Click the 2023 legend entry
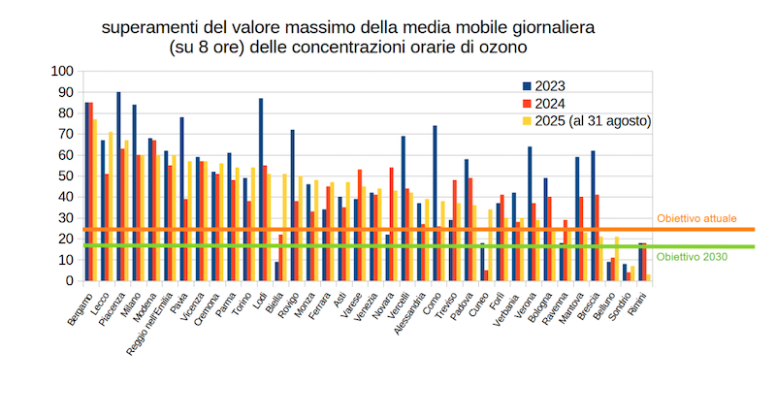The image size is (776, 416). click(548, 86)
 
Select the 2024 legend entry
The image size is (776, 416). click(548, 104)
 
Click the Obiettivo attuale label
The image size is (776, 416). click(695, 219)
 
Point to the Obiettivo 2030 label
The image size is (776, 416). click(690, 257)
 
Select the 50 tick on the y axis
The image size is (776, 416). click(65, 176)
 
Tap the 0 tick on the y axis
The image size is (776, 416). click(69, 281)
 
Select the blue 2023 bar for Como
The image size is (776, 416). click(435, 204)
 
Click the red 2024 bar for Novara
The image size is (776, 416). click(391, 224)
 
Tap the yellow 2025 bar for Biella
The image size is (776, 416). click(285, 228)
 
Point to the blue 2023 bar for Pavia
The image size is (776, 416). click(181, 199)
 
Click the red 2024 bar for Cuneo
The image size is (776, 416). click(486, 275)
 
